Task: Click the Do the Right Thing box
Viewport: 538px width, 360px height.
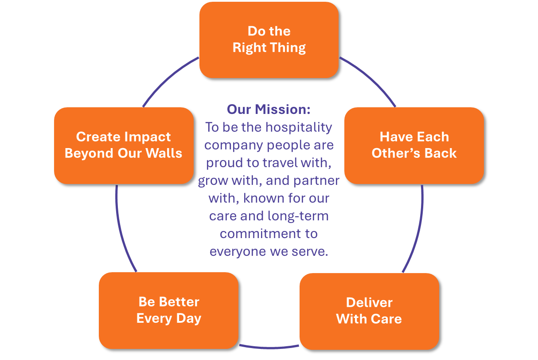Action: [x=269, y=39]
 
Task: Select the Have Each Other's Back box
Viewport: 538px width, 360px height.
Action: [x=414, y=145]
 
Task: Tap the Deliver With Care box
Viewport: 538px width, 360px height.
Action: [x=369, y=311]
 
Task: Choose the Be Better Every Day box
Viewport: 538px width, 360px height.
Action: [x=168, y=310]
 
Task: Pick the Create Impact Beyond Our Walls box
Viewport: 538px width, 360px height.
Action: [x=123, y=145]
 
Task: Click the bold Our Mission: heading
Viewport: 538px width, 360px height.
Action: [x=269, y=109]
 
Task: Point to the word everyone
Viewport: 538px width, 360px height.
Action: [x=238, y=251]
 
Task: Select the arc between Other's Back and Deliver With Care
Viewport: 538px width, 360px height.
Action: [x=419, y=231]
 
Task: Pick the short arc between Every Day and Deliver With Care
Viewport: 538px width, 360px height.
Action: [x=269, y=346]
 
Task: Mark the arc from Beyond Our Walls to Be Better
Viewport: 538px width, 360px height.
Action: [x=121, y=231]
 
